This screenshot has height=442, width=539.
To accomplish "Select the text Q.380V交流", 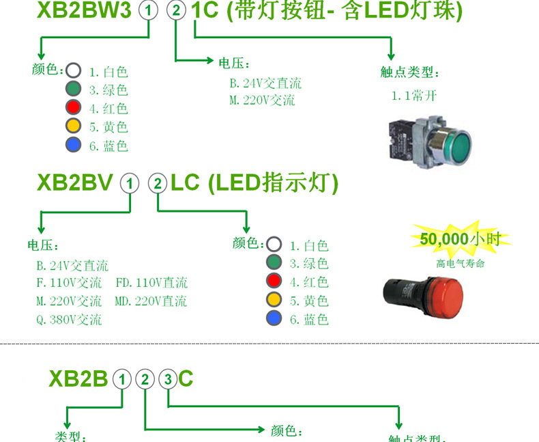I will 68,319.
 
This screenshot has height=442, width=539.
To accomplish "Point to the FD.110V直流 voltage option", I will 151,283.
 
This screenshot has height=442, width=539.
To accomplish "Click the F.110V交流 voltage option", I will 68,283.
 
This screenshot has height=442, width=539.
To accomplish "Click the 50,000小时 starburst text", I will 460,239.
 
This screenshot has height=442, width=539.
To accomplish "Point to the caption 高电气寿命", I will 460,263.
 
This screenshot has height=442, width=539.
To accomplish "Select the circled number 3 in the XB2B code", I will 167,380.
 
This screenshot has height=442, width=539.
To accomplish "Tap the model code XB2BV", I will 74,183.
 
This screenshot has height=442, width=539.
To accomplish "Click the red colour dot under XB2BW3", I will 73,107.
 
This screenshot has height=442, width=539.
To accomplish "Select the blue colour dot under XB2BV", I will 274,318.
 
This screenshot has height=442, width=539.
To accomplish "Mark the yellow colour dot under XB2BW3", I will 73,126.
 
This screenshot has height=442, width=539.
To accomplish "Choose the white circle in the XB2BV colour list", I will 274,244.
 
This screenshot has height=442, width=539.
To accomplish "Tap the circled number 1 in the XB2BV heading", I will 129,183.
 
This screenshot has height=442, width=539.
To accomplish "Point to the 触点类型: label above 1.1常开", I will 409,73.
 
